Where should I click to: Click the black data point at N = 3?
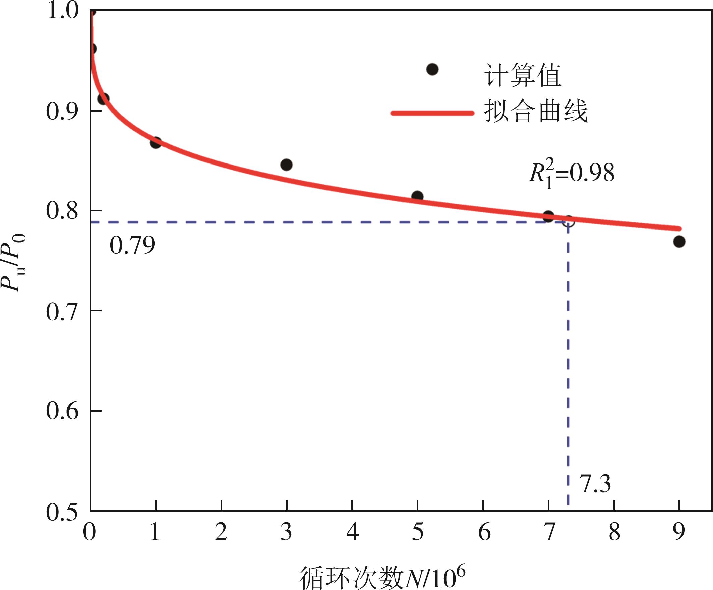(286, 165)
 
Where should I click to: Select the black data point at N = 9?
(679, 242)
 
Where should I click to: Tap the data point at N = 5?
(417, 196)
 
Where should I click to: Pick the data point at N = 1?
(156, 142)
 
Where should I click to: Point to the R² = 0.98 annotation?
(572, 174)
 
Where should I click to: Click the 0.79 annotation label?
(132, 245)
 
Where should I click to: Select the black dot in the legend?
(432, 70)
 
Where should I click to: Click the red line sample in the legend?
(432, 113)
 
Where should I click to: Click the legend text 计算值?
(523, 75)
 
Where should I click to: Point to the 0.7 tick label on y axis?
(62, 312)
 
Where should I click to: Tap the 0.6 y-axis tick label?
(62, 411)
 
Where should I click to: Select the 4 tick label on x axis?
(352, 532)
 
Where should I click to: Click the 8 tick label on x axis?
(614, 532)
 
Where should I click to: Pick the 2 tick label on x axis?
(221, 532)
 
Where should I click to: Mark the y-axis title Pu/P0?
(14, 263)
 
